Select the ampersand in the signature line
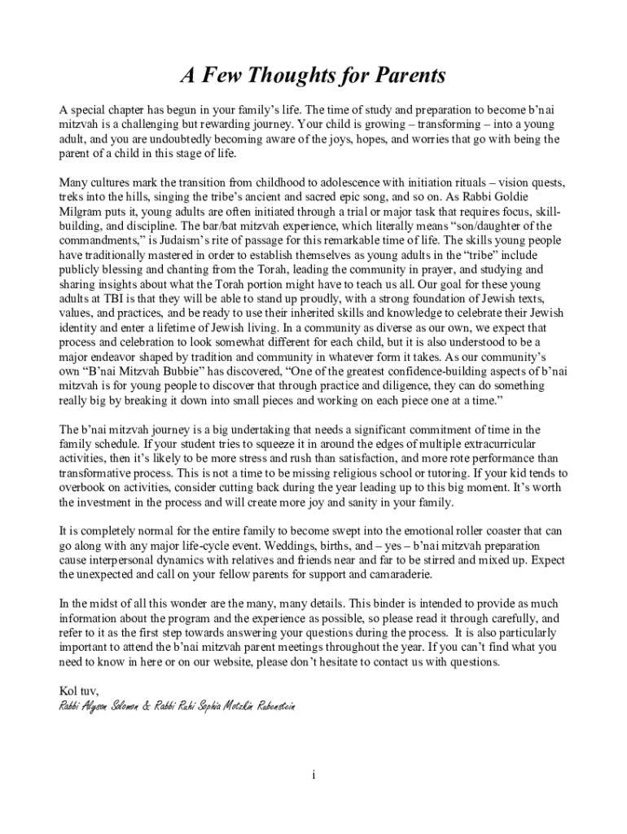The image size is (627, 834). coord(147,706)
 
